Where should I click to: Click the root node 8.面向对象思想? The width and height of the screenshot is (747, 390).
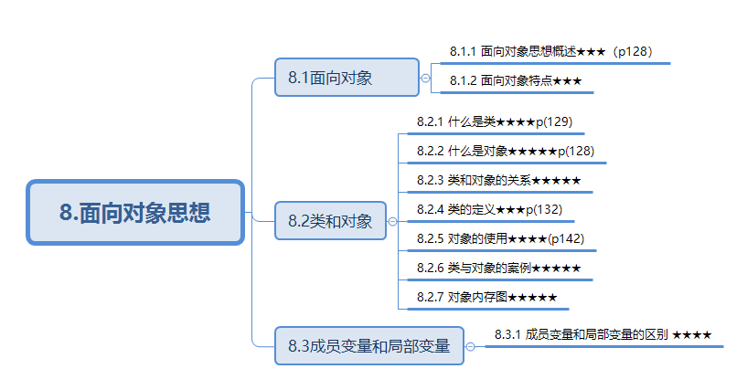coord(135,213)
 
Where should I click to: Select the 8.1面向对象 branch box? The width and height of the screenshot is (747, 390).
coord(347,78)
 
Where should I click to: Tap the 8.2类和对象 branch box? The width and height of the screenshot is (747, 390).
coord(330,221)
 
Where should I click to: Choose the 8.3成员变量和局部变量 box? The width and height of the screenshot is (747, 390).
coord(369,346)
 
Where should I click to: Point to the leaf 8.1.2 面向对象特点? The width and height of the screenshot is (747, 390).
coord(516,80)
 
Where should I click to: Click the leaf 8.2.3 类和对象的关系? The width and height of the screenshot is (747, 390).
coord(498,180)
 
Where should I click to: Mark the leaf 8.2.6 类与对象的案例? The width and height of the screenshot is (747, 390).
coord(498,269)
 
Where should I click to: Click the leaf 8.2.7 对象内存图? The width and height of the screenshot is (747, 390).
coord(486,298)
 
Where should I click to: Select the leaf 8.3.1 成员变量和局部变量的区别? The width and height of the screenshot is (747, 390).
coord(603,334)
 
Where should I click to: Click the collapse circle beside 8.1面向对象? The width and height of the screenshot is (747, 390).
coord(425,78)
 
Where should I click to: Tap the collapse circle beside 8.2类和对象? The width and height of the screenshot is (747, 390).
coord(392,221)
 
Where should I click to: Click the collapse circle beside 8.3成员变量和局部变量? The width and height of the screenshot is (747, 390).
coord(470,347)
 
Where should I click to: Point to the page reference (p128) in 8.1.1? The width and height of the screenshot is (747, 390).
coord(634,51)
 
